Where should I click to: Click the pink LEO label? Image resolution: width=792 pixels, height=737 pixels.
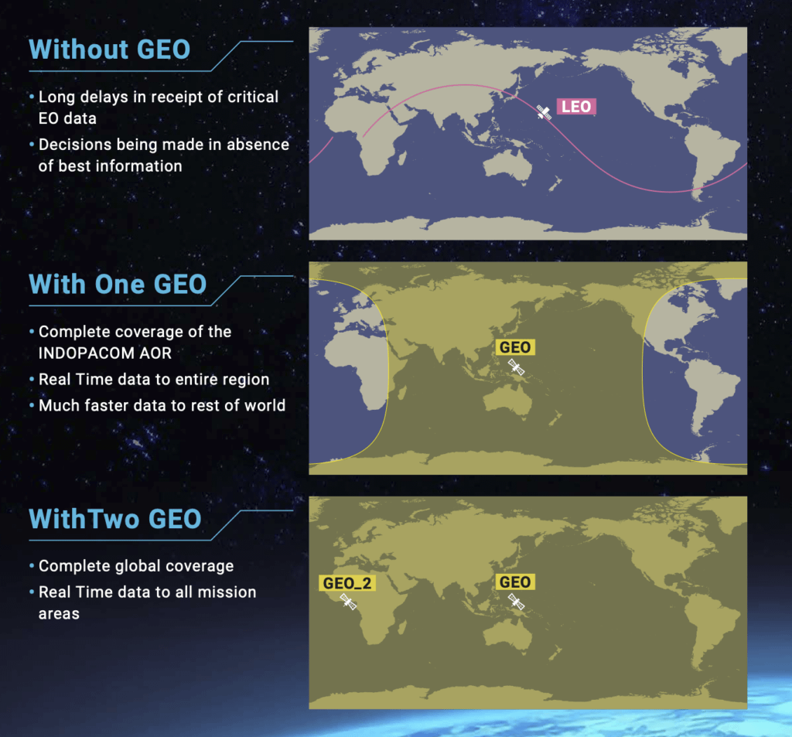(576, 107)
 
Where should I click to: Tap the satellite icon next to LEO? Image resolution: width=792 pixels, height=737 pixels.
(544, 113)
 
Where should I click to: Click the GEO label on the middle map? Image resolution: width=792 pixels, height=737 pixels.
(515, 347)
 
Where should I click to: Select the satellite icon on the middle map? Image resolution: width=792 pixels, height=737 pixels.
(516, 367)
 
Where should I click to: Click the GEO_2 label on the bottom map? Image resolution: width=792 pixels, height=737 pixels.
(347, 582)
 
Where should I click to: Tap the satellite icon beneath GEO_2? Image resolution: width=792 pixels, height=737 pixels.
(348, 602)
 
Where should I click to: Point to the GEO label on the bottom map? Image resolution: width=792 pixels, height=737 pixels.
(515, 582)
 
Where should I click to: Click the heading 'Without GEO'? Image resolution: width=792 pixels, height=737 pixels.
(109, 49)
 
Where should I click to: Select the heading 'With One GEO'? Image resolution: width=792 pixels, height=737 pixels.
(118, 284)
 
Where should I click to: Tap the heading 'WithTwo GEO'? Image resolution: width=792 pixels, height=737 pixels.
(114, 518)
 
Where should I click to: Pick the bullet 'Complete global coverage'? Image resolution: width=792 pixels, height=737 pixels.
(136, 566)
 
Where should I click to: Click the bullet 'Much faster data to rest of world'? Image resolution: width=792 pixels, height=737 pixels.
(162, 405)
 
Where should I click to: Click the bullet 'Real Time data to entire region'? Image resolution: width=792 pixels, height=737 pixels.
(154, 379)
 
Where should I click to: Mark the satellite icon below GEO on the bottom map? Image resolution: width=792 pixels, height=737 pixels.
(516, 602)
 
